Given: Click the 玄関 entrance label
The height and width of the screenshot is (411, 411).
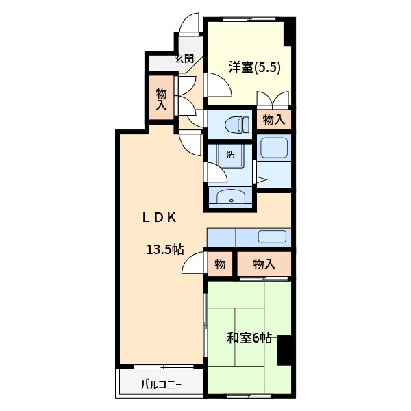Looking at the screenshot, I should [x=184, y=58].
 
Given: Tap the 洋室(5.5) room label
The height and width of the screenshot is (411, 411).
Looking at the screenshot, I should [x=255, y=67].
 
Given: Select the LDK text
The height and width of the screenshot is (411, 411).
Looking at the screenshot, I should [x=160, y=218].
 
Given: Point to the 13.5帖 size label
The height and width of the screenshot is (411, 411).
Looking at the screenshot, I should [x=164, y=249].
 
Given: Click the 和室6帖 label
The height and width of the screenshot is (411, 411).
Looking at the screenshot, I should [x=250, y=338].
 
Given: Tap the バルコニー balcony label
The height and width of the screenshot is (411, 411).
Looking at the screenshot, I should [x=162, y=384].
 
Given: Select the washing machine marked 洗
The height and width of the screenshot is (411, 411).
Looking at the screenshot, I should [x=230, y=155].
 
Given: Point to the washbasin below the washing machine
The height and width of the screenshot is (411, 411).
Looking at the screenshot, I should [x=231, y=199].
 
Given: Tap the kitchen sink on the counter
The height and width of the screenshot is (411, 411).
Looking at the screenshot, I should [x=273, y=237].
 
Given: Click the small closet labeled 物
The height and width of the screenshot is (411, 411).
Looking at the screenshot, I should [x=220, y=264].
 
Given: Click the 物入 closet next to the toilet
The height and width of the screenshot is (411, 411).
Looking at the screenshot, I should [x=274, y=120].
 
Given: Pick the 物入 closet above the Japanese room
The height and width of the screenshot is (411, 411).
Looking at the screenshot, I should [x=263, y=264].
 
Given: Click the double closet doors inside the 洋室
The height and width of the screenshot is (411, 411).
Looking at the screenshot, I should [x=274, y=100].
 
